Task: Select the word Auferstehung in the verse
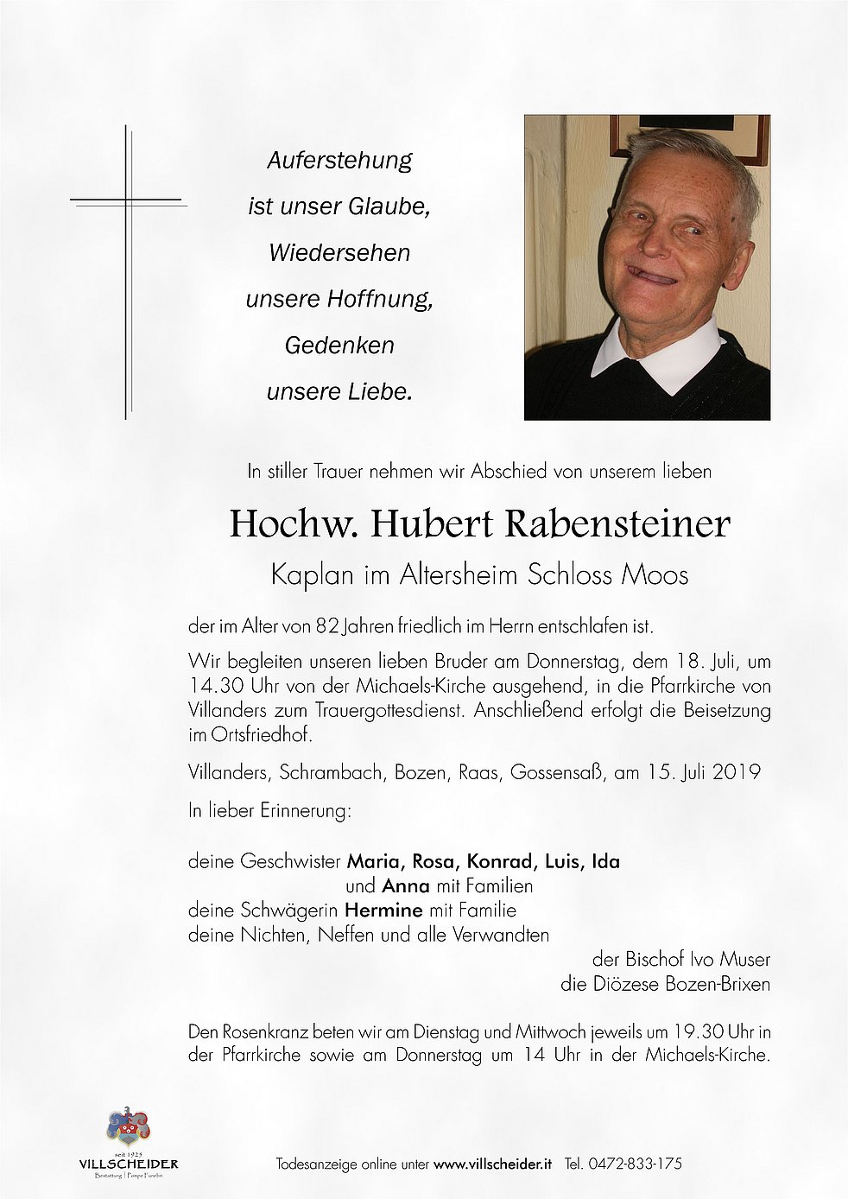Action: (339, 161)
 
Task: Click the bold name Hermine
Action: (383, 910)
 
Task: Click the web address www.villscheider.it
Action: (492, 1164)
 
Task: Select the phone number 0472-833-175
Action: (634, 1164)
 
